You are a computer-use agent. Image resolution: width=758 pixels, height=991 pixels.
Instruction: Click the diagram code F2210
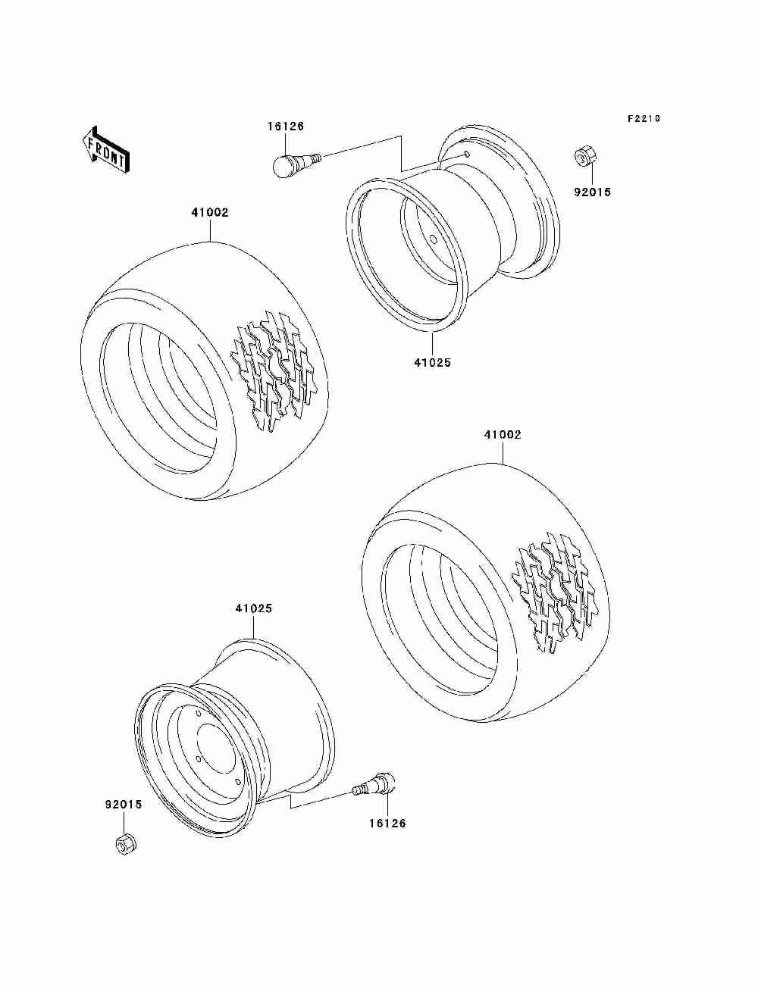point(644,119)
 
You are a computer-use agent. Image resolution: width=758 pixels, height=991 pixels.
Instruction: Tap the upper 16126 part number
point(285,127)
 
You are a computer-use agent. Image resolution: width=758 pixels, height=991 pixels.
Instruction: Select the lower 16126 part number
point(387,824)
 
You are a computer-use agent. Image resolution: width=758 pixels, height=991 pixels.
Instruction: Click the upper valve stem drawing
point(296,162)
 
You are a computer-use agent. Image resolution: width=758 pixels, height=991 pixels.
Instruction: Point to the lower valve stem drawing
point(375,784)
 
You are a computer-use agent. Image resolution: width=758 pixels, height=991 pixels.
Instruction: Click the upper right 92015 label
point(592,192)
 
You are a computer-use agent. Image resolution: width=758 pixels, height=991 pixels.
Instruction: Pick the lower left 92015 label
point(123,805)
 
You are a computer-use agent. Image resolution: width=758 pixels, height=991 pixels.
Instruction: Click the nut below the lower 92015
point(124,843)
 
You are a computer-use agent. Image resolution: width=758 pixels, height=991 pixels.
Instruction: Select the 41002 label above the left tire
point(209,213)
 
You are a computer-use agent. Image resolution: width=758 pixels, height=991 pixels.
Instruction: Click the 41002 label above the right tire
point(503,435)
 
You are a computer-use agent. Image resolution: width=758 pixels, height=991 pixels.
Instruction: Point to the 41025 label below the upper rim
point(432,363)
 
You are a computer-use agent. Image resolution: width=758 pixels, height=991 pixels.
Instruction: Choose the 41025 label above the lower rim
point(253,608)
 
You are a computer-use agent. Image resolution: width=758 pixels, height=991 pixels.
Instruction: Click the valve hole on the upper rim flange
point(467,155)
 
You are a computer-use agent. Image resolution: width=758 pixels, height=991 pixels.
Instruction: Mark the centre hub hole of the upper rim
point(434,239)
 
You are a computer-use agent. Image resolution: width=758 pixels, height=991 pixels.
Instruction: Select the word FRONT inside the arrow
point(107,149)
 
